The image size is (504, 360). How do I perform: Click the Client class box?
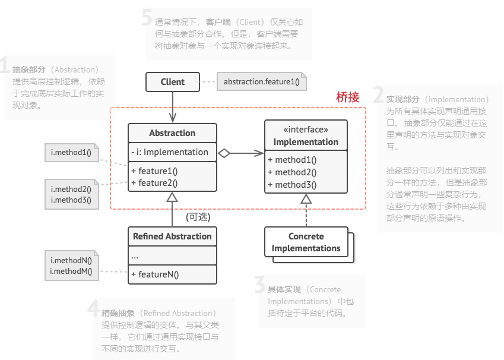[x=172, y=82]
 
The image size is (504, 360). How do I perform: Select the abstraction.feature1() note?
[x=262, y=82]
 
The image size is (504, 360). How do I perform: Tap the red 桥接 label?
[x=348, y=97]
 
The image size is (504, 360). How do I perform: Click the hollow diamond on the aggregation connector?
[x=224, y=153]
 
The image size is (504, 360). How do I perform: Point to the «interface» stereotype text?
[x=306, y=130]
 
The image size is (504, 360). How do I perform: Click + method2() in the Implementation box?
[x=292, y=172]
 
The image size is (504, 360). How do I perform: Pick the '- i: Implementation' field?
[x=170, y=152]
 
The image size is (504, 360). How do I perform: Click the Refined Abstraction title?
[x=172, y=236]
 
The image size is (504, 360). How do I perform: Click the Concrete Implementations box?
[x=306, y=242]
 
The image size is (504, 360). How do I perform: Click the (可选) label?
[x=198, y=217]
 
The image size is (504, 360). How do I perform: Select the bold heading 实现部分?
[x=403, y=99]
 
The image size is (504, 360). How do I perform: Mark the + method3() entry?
[x=292, y=184]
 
